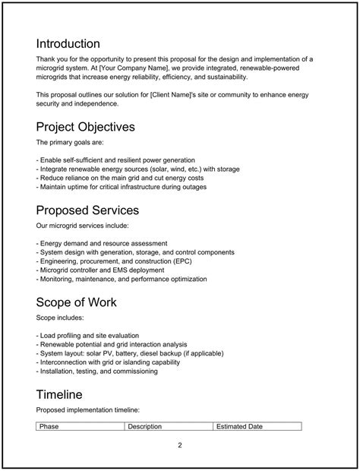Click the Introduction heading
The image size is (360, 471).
(x=68, y=43)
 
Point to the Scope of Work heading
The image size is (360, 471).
(x=76, y=302)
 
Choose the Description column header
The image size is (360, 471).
(x=144, y=426)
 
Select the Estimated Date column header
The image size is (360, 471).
(x=239, y=426)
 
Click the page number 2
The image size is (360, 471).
(x=180, y=444)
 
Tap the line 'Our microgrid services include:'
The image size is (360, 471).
(x=83, y=226)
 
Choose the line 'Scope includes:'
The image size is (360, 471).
(x=59, y=317)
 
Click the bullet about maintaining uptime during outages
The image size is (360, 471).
(x=121, y=187)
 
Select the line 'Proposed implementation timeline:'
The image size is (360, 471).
(x=88, y=409)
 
